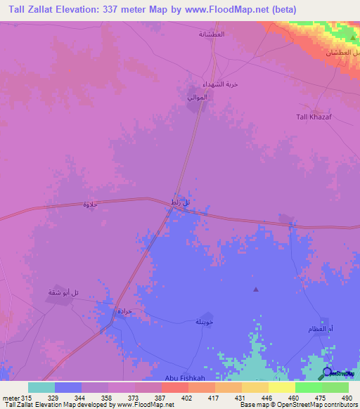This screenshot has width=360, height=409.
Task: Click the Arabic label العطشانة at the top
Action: (x=211, y=34)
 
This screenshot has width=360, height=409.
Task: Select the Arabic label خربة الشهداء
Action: (x=221, y=83)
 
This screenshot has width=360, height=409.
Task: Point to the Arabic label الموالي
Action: (x=198, y=97)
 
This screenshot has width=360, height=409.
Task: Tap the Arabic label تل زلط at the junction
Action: (x=181, y=202)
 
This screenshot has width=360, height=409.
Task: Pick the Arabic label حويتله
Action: (x=203, y=322)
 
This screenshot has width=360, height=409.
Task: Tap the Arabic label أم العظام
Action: (x=315, y=330)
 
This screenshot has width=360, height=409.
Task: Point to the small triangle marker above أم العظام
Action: (x=256, y=289)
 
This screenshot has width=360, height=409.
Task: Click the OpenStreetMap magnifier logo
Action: (x=327, y=372)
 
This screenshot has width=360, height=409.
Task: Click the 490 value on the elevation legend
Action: (x=347, y=397)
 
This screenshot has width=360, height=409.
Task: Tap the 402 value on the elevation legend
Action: (x=186, y=397)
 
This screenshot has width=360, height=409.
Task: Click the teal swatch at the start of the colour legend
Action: (x=41, y=387)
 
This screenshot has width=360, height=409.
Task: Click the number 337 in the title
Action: (x=121, y=9)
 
